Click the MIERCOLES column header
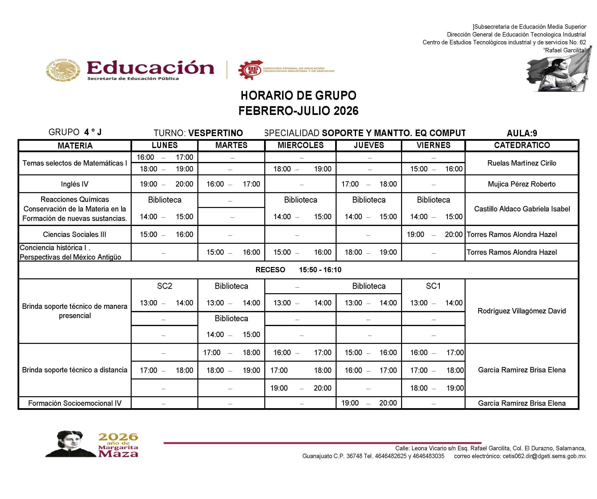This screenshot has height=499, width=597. click(x=301, y=145)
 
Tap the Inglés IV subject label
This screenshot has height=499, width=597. click(x=74, y=184)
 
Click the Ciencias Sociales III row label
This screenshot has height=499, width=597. click(x=74, y=235)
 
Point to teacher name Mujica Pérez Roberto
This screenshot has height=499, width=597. click(x=522, y=184)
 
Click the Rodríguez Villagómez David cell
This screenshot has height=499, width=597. click(x=522, y=311)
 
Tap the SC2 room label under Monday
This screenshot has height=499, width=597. click(x=164, y=286)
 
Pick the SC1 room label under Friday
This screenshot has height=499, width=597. click(x=433, y=286)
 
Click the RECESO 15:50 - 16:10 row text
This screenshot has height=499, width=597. click(x=298, y=270)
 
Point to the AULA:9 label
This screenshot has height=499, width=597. click(x=522, y=133)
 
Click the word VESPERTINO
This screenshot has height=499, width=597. click(x=215, y=133)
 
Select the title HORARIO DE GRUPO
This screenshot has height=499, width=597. click(x=298, y=96)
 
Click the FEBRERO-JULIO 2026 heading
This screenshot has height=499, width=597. click(x=298, y=111)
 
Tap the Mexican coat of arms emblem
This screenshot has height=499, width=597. click(x=63, y=70)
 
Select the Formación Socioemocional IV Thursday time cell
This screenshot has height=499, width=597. click(x=369, y=403)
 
